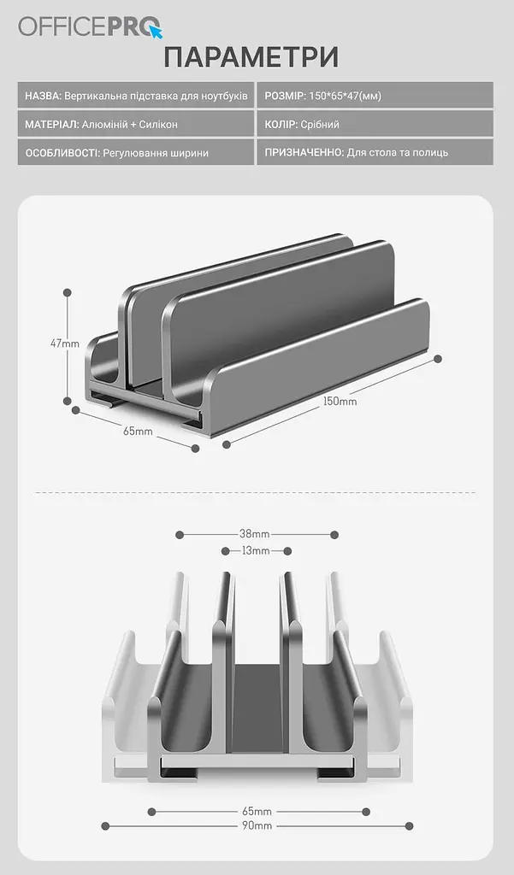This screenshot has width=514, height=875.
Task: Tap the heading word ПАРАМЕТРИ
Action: (x=251, y=57)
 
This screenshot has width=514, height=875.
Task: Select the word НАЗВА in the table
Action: (x=43, y=96)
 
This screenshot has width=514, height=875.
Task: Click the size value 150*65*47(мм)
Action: (x=345, y=96)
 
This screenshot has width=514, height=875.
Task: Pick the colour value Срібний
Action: (x=320, y=125)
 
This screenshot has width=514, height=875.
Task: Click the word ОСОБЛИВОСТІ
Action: (x=62, y=153)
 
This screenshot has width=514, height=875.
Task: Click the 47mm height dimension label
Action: (x=64, y=344)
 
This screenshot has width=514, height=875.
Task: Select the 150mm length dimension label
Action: (x=340, y=402)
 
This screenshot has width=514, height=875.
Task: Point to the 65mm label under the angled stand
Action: (x=138, y=431)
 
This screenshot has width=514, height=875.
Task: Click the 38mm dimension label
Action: (x=254, y=534)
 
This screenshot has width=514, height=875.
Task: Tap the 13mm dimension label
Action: (x=256, y=551)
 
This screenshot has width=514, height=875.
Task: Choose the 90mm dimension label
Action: (x=257, y=825)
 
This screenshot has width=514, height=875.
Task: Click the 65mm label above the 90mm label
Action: (x=257, y=812)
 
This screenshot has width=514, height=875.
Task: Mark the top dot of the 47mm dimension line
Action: (x=68, y=292)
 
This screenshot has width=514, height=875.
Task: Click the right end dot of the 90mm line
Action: (x=409, y=826)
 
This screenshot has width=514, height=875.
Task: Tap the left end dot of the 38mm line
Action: (x=180, y=535)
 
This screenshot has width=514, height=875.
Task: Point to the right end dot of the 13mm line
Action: (x=287, y=551)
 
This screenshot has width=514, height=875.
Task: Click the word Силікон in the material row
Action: (x=158, y=125)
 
